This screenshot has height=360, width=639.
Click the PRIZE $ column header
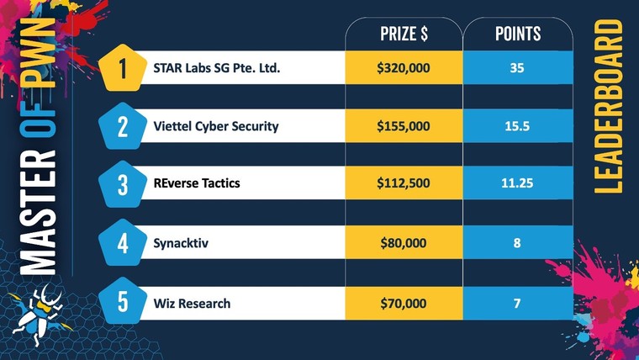(404, 34)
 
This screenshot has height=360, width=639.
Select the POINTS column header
(516, 34)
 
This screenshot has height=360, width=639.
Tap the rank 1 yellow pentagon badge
(124, 68)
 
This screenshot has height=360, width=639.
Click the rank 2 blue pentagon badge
(124, 127)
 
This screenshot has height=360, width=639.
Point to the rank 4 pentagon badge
(124, 244)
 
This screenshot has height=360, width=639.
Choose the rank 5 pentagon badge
(124, 302)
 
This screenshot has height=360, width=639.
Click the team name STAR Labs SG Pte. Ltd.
(216, 68)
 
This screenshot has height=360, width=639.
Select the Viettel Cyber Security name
(216, 127)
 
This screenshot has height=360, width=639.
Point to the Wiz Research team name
(192, 303)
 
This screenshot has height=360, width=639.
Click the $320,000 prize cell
(404, 68)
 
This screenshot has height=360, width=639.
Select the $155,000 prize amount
(404, 127)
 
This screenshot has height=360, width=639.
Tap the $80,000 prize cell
(404, 244)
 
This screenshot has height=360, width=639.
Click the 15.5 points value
(516, 127)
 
